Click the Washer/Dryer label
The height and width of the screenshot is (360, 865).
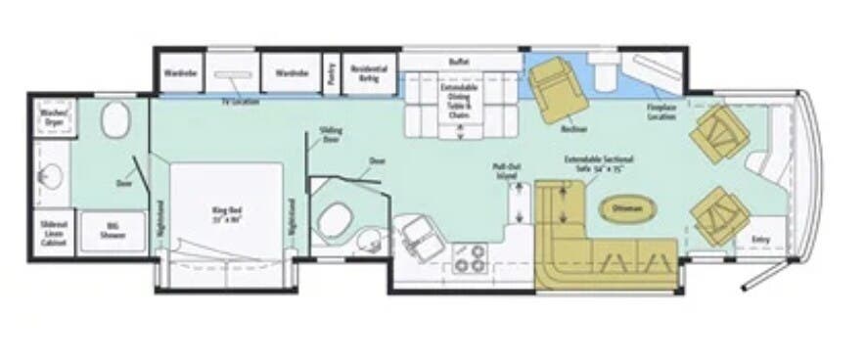tap(52, 117)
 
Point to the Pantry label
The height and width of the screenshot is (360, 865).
tap(333, 73)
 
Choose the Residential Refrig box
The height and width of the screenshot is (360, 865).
tap(369, 72)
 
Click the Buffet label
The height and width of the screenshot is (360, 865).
tap(458, 62)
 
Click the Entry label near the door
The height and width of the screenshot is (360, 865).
tap(759, 240)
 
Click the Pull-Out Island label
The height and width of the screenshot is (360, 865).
tap(505, 170)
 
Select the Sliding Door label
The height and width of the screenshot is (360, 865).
tap(331, 136)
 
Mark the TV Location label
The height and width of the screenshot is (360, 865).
tap(239, 102)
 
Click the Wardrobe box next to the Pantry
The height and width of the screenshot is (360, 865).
tap(291, 72)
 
